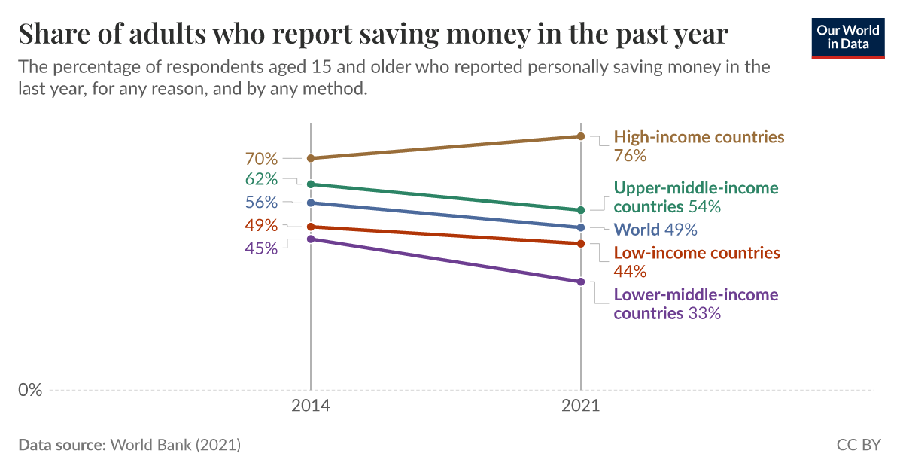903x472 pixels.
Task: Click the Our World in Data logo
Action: [847, 35]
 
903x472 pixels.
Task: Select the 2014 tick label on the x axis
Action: [310, 406]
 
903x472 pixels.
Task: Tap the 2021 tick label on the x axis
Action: [580, 406]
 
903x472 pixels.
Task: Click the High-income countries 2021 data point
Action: [581, 136]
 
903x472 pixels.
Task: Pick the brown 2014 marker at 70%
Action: [310, 158]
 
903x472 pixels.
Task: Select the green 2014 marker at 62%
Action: [310, 184]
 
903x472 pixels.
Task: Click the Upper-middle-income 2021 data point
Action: [581, 210]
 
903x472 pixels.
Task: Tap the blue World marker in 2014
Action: [310, 203]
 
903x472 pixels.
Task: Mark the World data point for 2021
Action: [581, 227]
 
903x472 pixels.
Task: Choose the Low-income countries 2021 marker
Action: [581, 244]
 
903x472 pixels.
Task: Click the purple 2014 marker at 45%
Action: [310, 239]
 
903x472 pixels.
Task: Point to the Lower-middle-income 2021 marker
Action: [581, 282]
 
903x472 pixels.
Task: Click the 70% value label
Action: [261, 159]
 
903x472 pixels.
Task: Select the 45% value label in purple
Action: [261, 248]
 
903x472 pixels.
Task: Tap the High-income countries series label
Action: [699, 137]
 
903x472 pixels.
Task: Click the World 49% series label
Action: [655, 230]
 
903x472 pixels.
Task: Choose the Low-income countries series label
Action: [697, 253]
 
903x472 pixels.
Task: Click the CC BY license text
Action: [858, 445]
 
